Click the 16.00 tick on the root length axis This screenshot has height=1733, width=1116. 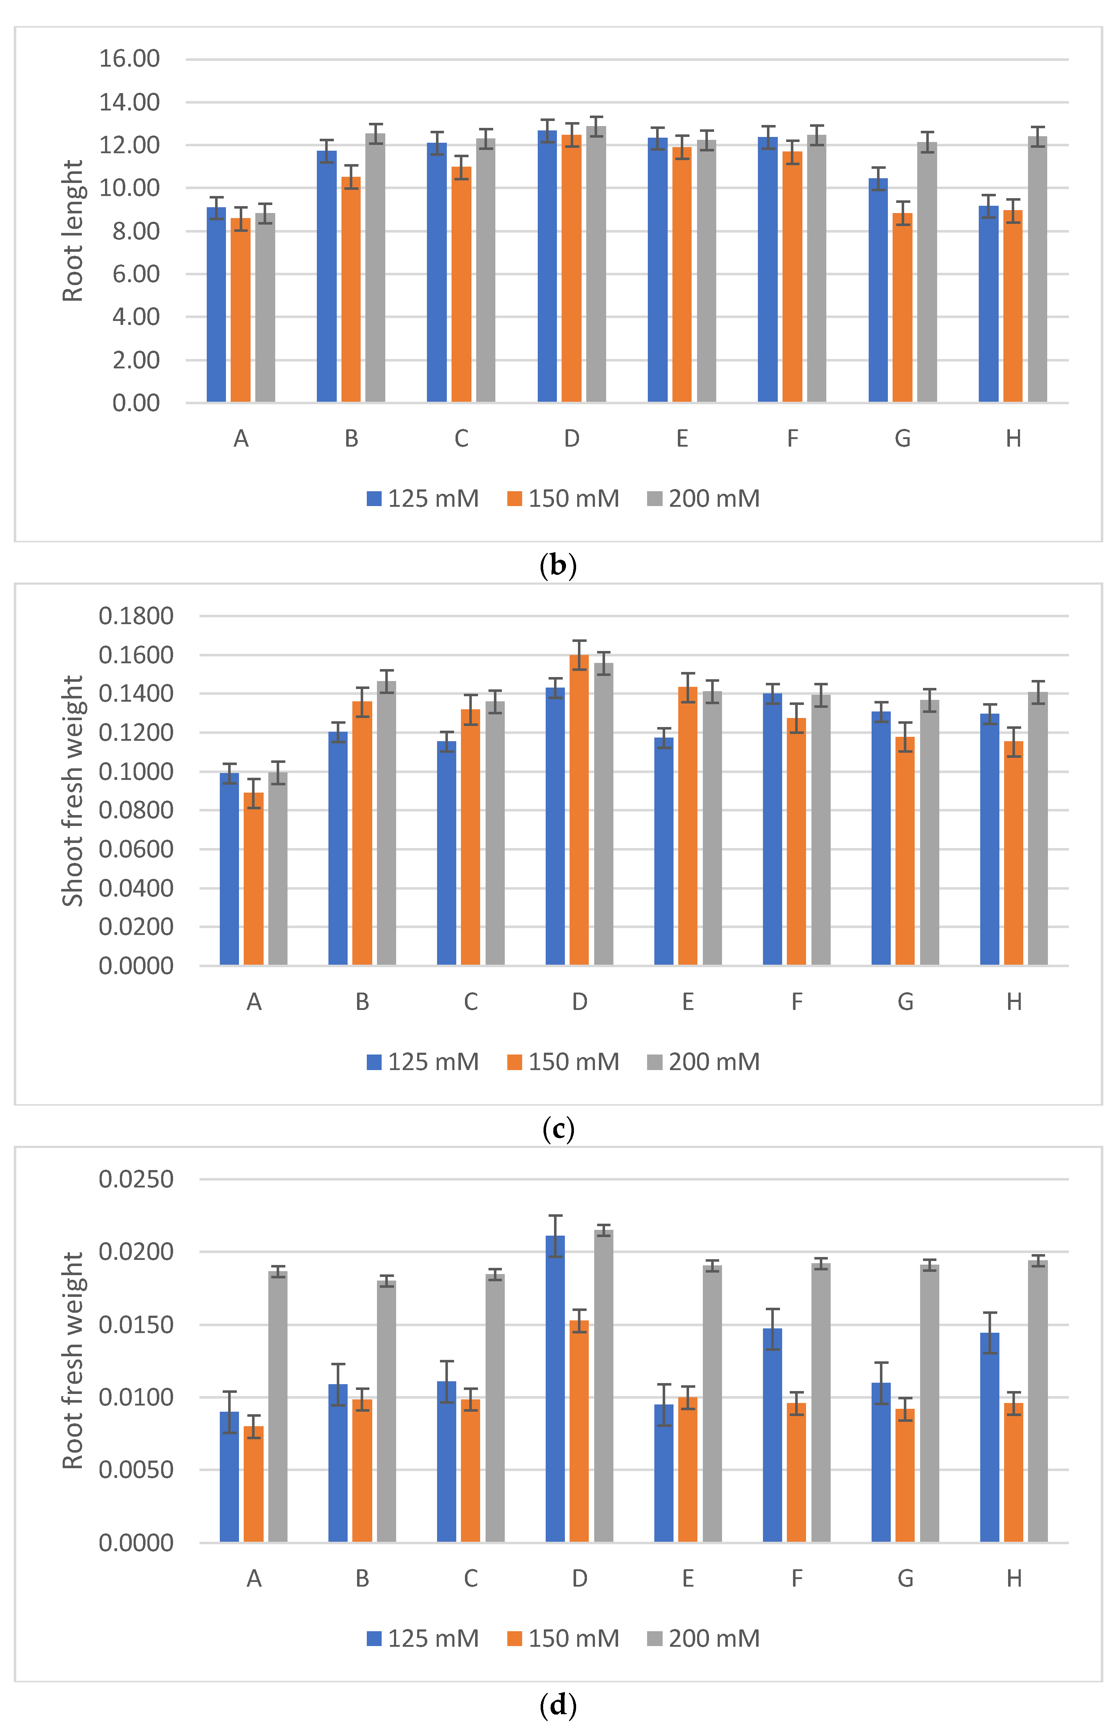[129, 59]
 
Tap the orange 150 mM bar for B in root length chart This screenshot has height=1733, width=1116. [351, 290]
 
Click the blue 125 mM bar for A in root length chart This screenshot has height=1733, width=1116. [216, 304]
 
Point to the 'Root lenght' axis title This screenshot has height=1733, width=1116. [72, 230]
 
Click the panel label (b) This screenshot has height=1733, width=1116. [558, 565]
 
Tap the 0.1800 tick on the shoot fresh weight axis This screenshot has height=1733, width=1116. [136, 616]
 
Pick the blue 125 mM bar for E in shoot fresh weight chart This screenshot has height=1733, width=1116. [664, 852]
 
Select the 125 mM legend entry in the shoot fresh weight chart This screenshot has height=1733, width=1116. [423, 1062]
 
